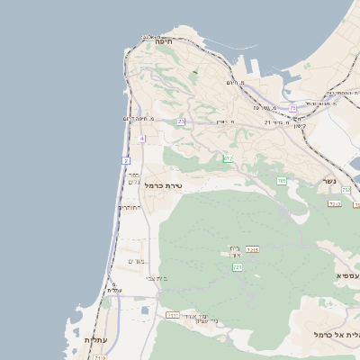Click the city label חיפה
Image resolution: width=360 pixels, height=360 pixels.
pyautogui.click(x=163, y=41)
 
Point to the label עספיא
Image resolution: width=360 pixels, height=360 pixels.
pyautogui.click(x=347, y=274)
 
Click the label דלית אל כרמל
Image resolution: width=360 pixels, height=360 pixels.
pyautogui.click(x=337, y=334)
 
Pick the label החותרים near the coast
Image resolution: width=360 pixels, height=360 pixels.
pyautogui.click(x=130, y=207)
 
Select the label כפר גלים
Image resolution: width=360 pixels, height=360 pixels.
pyautogui.click(x=133, y=178)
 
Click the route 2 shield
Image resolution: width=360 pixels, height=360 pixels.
pyautogui.click(x=126, y=160)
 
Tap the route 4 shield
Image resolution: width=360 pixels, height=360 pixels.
pyautogui.click(x=141, y=139)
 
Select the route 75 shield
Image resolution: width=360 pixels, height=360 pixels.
pyautogui.click(x=292, y=109)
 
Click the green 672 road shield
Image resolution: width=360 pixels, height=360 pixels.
pyautogui.click(x=228, y=159)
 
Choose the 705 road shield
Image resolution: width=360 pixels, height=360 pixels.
pyautogui.click(x=282, y=182)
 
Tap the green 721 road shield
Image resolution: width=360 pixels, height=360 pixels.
pyautogui.click(x=238, y=267)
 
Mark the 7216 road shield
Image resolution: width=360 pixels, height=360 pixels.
pyautogui.click(x=253, y=249)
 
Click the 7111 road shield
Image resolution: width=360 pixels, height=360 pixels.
pyautogui.click(x=172, y=315)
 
